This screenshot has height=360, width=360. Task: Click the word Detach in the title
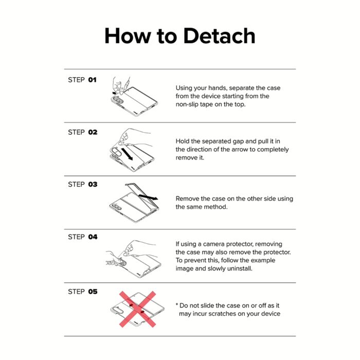[x=219, y=36]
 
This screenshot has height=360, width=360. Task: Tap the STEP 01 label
[x=82, y=80]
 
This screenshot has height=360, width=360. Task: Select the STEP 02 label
[x=83, y=132]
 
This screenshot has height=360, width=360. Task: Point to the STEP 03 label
[x=83, y=184]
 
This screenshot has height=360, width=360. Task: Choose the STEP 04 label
[x=83, y=237]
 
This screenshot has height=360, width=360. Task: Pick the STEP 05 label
[x=83, y=292]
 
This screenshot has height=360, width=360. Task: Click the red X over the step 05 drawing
[x=137, y=309]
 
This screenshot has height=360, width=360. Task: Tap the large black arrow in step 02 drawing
[x=127, y=154]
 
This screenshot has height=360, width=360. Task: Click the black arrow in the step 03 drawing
[x=148, y=197]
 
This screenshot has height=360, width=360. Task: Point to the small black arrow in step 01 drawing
[x=114, y=93]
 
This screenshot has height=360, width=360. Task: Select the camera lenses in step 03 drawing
[x=116, y=207]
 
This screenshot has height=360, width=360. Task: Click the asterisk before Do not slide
[x=177, y=304]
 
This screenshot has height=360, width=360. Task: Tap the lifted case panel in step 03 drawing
[x=142, y=195]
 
